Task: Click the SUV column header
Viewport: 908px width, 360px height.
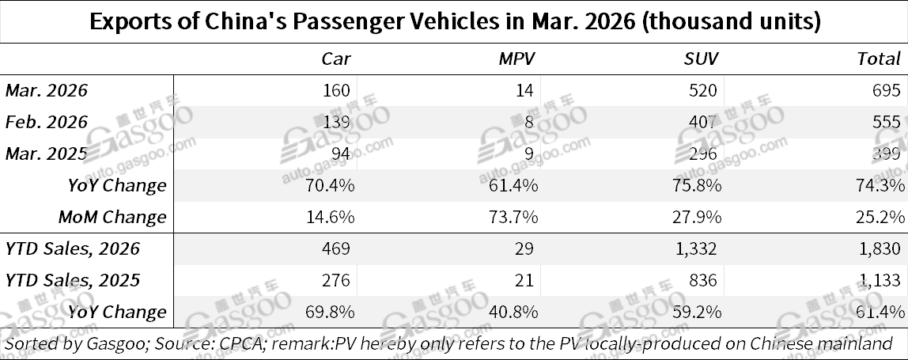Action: [x=701, y=59]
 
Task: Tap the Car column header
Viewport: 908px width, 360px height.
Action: [x=335, y=59]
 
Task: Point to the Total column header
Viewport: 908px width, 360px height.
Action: [x=879, y=59]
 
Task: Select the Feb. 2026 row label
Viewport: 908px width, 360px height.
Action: [x=46, y=122]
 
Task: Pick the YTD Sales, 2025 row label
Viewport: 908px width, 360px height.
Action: [x=72, y=280]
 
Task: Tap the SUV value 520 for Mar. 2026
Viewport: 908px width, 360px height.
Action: [x=706, y=90]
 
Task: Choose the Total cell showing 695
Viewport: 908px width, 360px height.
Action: [x=887, y=90]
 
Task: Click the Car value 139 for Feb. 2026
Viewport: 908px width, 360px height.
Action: [x=336, y=122]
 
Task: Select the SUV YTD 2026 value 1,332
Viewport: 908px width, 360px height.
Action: [x=697, y=248]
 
